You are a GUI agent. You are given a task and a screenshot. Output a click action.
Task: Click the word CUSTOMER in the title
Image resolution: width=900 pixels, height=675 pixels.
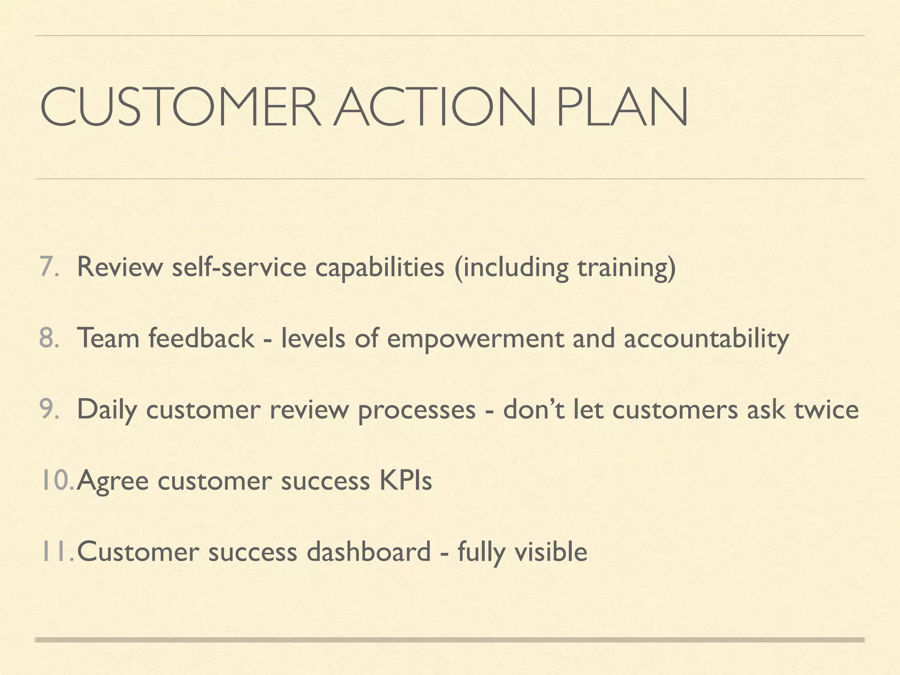(180, 107)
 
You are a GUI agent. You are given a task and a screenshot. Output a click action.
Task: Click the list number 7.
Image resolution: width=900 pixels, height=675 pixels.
(48, 267)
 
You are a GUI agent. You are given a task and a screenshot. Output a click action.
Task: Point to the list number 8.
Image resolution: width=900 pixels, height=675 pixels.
(48, 338)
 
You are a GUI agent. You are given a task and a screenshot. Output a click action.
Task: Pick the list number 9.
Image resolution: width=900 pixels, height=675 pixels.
(48, 410)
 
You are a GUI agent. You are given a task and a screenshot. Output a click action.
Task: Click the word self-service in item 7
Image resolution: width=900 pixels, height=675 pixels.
(239, 267)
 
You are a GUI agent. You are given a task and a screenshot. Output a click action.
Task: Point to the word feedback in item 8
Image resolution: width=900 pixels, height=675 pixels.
(201, 338)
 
